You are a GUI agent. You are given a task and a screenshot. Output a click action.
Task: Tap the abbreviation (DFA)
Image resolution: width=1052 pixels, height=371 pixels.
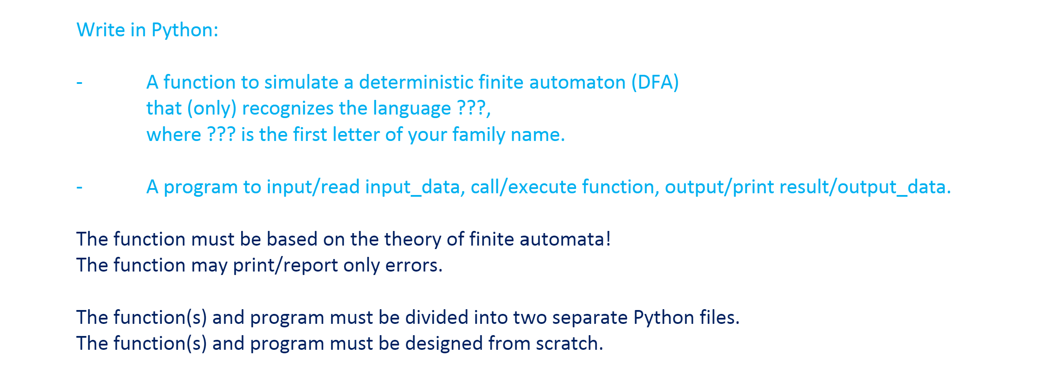[x=655, y=83]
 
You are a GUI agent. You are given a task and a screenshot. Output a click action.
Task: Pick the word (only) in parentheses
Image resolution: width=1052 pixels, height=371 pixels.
[x=212, y=109]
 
